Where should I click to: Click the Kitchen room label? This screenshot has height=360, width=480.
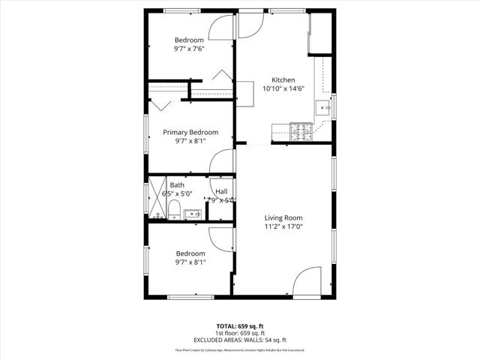(283, 79)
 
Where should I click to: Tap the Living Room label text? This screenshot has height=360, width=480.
(283, 217)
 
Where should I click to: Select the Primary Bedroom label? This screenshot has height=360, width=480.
(190, 132)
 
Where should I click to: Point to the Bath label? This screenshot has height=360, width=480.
(177, 184)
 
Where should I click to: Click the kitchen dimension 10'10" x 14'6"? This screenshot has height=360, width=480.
(283, 88)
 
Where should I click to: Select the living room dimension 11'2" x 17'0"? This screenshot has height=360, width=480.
(283, 226)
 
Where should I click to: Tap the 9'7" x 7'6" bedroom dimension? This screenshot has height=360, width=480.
(190, 49)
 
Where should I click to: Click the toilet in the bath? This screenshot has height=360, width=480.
(172, 208)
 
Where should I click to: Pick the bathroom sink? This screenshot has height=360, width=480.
(193, 214)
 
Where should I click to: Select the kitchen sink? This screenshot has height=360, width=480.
(324, 107)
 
